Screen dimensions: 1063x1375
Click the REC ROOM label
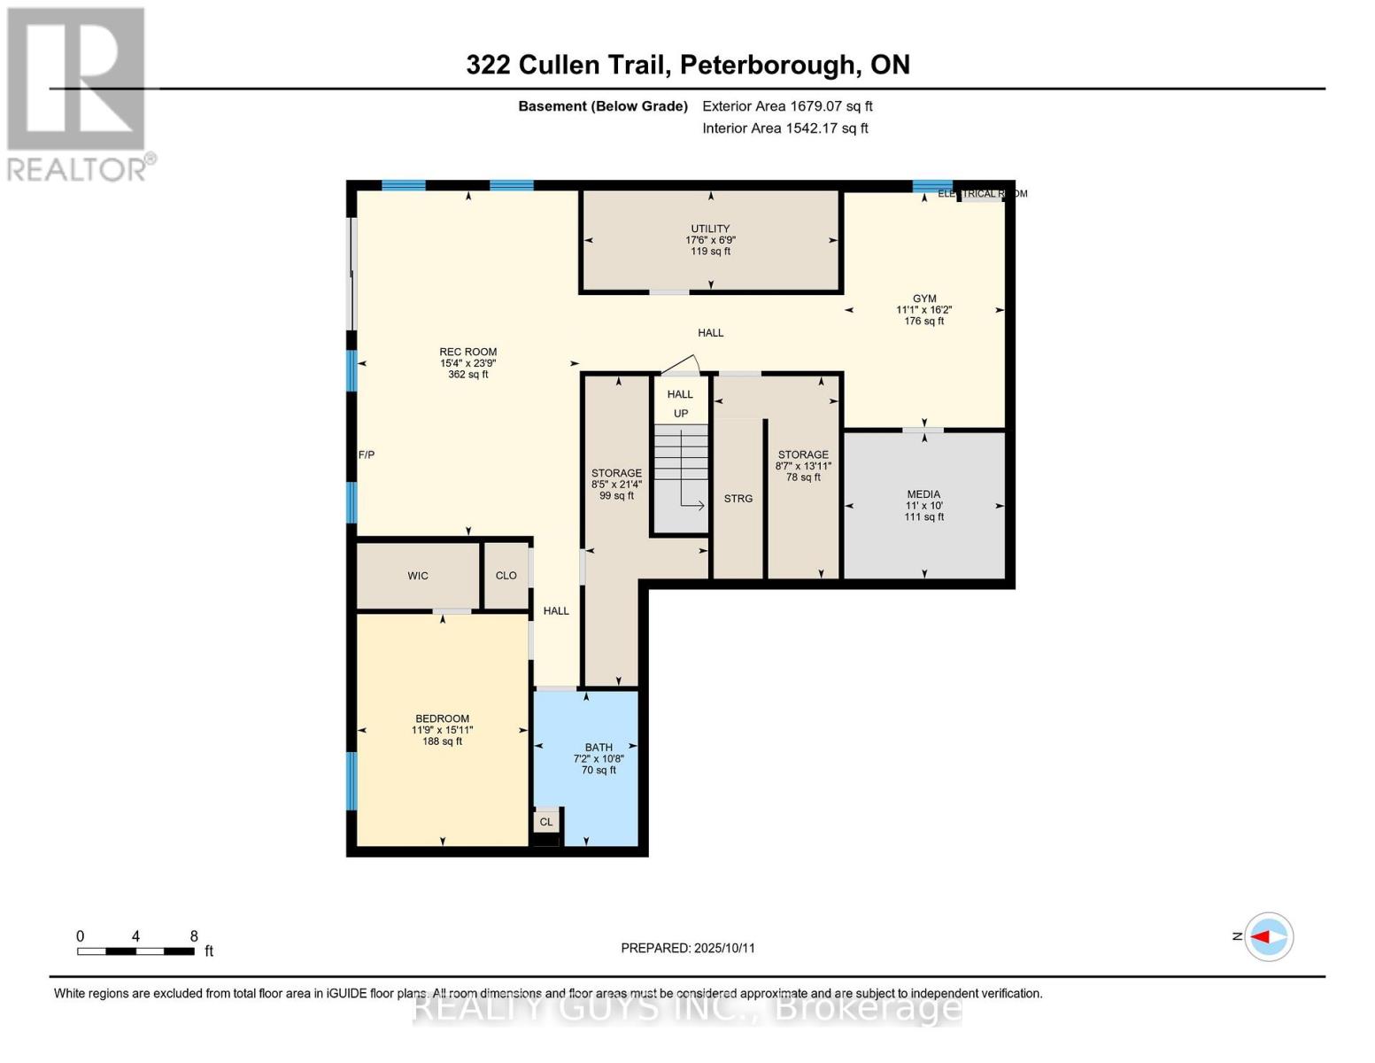pyautogui.click(x=468, y=352)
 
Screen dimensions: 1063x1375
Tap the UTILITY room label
pyautogui.click(x=710, y=229)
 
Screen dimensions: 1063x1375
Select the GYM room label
pyautogui.click(x=924, y=299)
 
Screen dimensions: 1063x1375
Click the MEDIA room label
pyautogui.click(x=923, y=494)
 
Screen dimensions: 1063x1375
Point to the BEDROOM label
pyautogui.click(x=442, y=718)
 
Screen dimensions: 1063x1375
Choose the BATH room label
pyautogui.click(x=599, y=748)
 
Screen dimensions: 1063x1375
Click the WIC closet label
pyautogui.click(x=418, y=576)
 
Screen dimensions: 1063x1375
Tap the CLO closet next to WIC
pyautogui.click(x=506, y=576)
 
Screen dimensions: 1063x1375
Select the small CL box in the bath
pyautogui.click(x=546, y=822)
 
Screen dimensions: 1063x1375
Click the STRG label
pyautogui.click(x=738, y=499)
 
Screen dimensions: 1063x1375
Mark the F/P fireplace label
pyautogui.click(x=367, y=454)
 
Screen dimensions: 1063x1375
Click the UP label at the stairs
pyautogui.click(x=681, y=414)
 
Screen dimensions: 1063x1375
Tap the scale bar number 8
pyautogui.click(x=194, y=936)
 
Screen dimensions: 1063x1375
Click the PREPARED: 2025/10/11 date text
pyautogui.click(x=688, y=948)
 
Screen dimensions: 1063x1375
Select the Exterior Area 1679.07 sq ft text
pyautogui.click(x=787, y=106)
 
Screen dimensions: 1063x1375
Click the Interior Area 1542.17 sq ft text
pyautogui.click(x=785, y=128)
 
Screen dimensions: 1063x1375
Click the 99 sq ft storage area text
pyautogui.click(x=617, y=496)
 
